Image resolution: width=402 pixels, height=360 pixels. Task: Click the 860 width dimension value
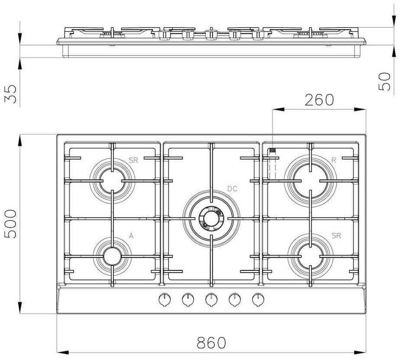[x=211, y=343]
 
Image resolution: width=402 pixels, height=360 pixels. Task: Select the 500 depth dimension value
[x=10, y=224]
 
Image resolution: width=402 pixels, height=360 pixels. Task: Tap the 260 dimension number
[x=319, y=100]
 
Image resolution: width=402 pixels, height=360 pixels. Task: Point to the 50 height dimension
[x=384, y=82]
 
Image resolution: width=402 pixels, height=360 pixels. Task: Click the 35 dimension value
[x=10, y=94]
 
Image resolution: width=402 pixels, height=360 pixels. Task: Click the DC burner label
[x=232, y=189]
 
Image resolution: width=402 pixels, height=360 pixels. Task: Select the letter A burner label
[x=131, y=235]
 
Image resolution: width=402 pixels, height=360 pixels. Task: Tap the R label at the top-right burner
[x=334, y=160]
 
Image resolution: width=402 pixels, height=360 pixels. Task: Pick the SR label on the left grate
[x=133, y=160]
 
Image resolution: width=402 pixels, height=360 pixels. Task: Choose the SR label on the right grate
[x=336, y=235]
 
